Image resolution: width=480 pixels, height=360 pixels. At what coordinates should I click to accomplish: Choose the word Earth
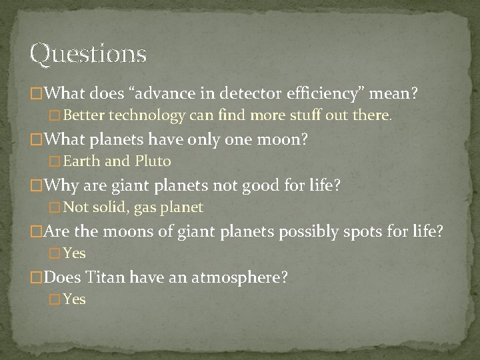click(x=82, y=161)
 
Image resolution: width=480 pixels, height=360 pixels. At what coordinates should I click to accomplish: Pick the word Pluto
click(x=153, y=161)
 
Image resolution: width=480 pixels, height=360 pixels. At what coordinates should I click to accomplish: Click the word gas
click(x=147, y=207)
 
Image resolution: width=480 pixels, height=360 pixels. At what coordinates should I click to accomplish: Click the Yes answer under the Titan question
click(x=75, y=299)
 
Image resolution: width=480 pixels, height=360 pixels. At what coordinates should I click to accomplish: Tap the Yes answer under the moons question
click(x=75, y=253)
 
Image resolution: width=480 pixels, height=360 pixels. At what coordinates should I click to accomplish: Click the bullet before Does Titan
click(x=37, y=277)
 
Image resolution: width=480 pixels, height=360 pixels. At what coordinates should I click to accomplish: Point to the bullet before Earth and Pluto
click(x=56, y=162)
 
